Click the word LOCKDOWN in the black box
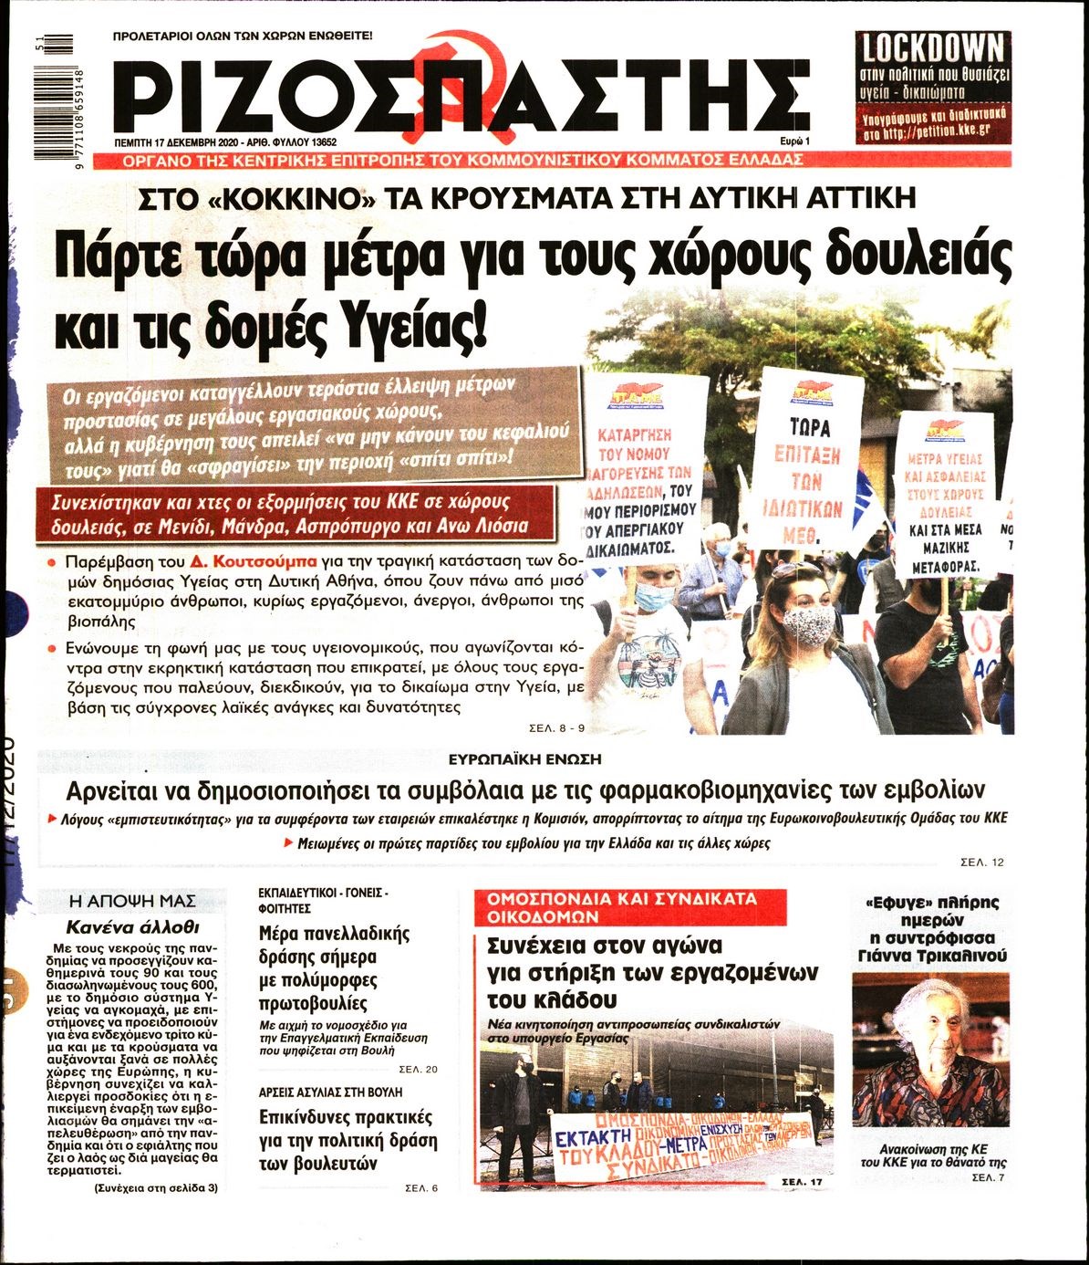(932, 47)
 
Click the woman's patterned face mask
(810, 625)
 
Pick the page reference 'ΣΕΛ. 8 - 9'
(555, 728)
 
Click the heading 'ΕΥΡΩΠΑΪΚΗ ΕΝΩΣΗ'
(525, 759)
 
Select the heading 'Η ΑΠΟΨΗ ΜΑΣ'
(133, 901)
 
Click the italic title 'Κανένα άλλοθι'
(133, 925)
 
